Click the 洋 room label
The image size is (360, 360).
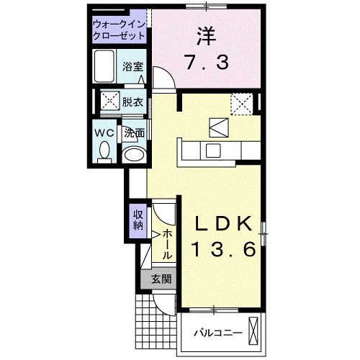coord(206,36)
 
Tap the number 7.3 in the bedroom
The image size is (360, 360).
coord(206,62)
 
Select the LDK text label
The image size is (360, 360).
coord(224,224)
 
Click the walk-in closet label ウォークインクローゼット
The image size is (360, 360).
coord(119,30)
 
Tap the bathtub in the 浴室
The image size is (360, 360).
coord(104,66)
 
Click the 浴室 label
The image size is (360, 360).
coord(132,67)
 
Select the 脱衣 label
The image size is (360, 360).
coord(132,102)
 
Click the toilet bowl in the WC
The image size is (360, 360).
coord(104,150)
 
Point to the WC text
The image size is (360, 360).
coord(104,132)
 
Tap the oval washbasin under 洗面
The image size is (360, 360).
coord(134,155)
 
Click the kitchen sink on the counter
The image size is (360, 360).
coord(213,150)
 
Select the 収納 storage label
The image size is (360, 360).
coord(138,220)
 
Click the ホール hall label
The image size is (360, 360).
coord(167,244)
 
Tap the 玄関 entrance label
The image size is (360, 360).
coord(161,279)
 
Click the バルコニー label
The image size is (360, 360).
coord(218,333)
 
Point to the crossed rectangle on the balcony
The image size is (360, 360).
coord(253,330)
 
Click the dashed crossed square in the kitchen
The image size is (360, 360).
coord(242,104)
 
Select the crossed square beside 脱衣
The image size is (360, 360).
coord(110,100)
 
